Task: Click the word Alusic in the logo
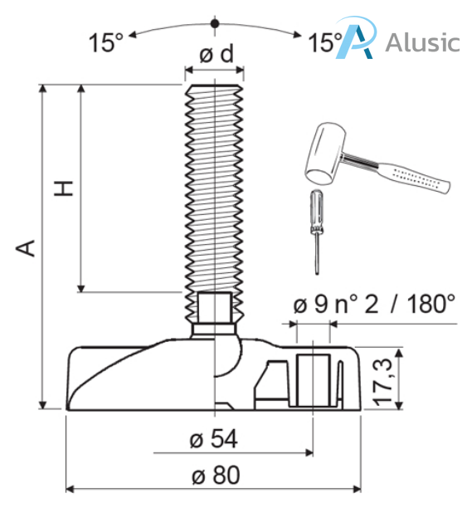click(x=422, y=42)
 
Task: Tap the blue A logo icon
click(x=356, y=37)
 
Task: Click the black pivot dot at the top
click(x=215, y=23)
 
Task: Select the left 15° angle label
click(x=106, y=42)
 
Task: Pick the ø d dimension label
click(x=217, y=54)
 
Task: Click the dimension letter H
click(x=64, y=188)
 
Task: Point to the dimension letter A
click(x=26, y=248)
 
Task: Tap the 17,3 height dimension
click(x=383, y=383)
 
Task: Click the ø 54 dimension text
click(x=214, y=439)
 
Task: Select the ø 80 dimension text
click(x=216, y=475)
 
